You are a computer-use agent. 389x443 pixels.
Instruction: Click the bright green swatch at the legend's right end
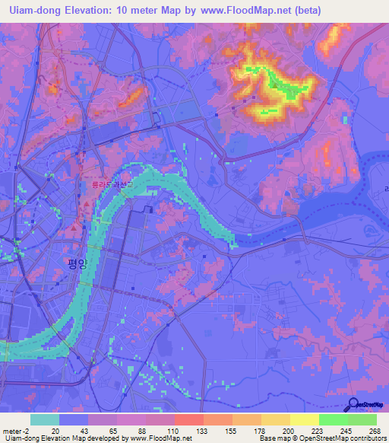point(362,419)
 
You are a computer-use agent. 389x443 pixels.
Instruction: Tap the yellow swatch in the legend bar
point(304,419)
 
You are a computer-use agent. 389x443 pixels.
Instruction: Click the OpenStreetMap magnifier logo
point(355,405)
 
